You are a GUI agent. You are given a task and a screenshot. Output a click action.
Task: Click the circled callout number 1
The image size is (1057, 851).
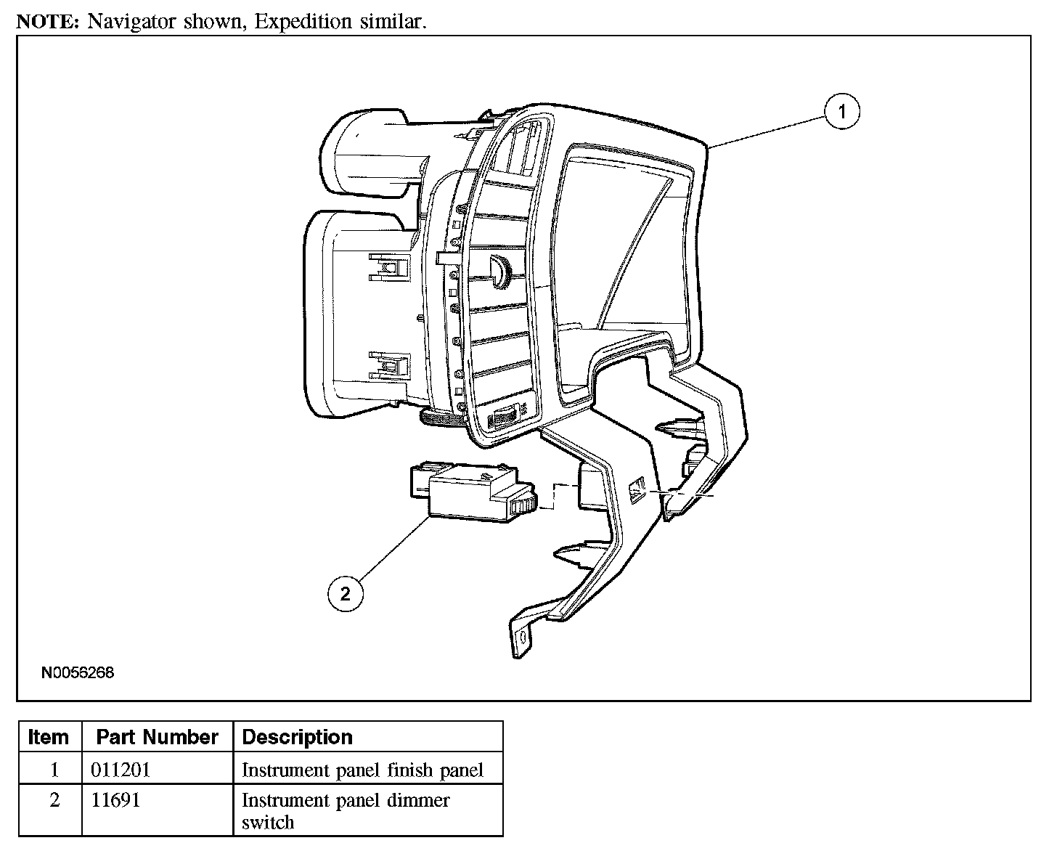point(842,112)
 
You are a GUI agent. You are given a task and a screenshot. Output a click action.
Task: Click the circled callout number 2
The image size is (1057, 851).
point(345,594)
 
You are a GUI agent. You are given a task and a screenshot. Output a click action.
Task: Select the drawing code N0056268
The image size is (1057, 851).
point(78,672)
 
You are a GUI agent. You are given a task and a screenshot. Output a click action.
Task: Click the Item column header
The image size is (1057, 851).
point(49,737)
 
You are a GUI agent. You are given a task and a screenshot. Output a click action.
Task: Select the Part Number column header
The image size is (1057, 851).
point(157,737)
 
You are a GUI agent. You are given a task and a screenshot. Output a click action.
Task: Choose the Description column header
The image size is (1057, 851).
point(297,737)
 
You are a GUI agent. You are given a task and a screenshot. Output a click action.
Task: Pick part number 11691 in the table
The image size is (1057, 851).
point(115,800)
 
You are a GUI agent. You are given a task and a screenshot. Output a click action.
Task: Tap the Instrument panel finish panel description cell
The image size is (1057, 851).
point(362,770)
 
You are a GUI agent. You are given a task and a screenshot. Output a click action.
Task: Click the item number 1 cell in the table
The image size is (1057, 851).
point(54,770)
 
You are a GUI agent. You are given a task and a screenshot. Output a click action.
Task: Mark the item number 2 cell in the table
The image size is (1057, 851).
point(54,800)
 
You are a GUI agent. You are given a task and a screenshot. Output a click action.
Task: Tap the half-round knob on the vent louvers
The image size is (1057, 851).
point(502,268)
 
